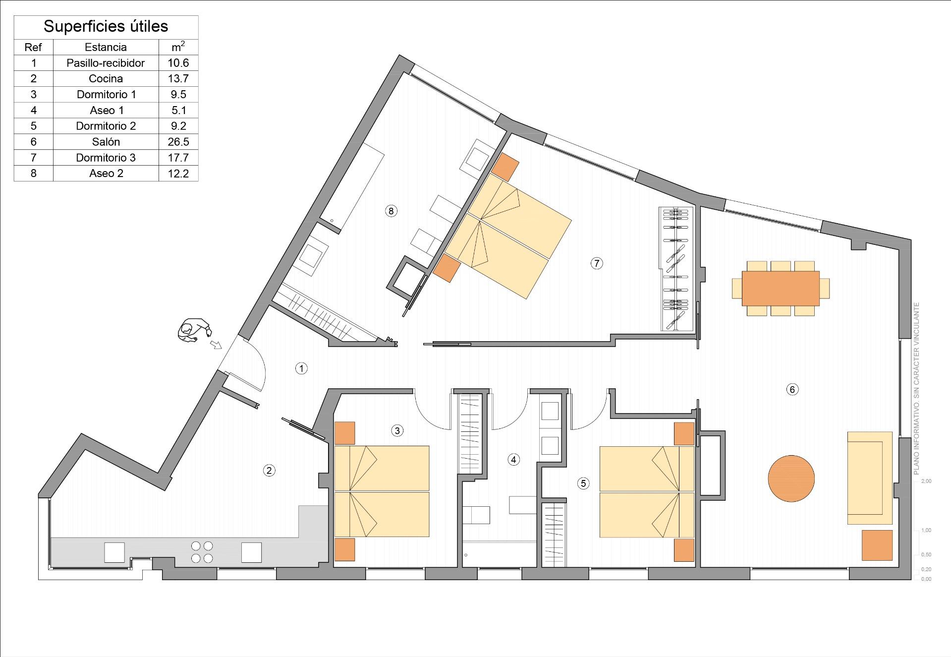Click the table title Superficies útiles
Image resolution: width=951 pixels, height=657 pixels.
click(106, 26)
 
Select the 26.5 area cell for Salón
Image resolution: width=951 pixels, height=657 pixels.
click(178, 142)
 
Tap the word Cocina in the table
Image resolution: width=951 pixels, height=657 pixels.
click(106, 78)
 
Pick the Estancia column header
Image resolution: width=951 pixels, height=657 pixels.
click(106, 47)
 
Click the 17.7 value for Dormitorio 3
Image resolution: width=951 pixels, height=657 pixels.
click(178, 158)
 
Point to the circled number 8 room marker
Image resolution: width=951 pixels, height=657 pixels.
click(391, 211)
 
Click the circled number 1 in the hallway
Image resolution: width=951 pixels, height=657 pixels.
click(301, 368)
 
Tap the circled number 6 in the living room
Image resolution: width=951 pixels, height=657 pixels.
click(792, 389)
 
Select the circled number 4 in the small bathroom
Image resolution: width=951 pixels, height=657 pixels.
click(513, 460)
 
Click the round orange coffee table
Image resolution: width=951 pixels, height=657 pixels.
click(791, 478)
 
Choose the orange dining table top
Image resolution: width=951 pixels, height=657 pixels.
click(781, 288)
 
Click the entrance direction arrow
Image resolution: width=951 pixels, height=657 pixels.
click(216, 344)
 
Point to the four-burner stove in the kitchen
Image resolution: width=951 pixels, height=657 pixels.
click(202, 552)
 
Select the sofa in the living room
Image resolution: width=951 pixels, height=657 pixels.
click(870, 478)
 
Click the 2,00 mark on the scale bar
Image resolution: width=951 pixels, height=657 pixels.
click(926, 481)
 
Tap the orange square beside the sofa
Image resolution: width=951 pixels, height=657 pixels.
click(877, 545)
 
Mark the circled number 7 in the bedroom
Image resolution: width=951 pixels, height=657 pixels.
click(597, 263)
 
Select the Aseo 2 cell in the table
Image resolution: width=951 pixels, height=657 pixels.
click(106, 174)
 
